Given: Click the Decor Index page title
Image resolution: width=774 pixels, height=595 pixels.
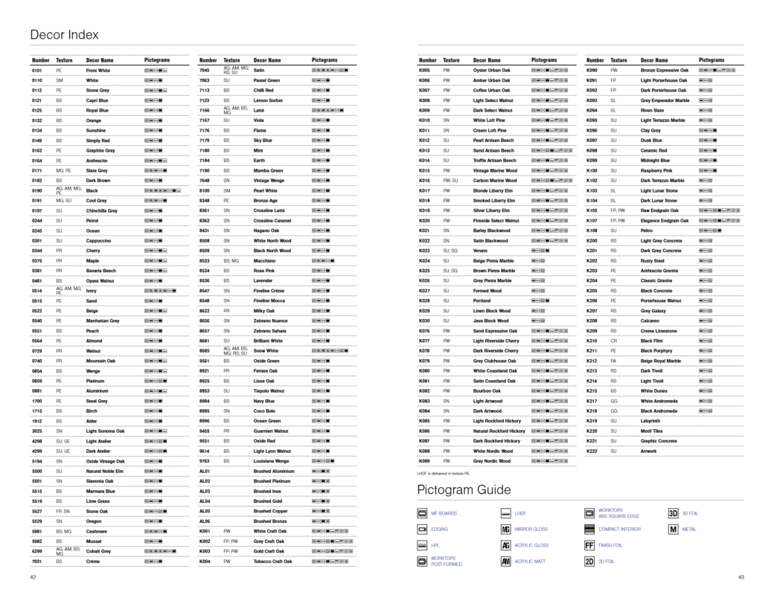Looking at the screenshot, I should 64,35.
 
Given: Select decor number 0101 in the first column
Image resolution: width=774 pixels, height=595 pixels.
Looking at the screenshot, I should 37,71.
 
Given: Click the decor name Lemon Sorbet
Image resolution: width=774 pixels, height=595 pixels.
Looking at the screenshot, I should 269,100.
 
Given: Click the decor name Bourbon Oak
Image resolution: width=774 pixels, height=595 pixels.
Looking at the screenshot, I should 487,391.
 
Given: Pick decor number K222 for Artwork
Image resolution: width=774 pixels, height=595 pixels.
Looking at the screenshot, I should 592,451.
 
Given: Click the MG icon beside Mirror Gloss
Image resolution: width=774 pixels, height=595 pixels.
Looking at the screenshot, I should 506,529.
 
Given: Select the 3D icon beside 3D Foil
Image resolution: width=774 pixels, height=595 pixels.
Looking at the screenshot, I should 673,513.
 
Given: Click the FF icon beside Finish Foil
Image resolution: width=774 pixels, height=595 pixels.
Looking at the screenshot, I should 589,545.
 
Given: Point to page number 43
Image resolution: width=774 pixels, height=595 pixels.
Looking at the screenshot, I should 741,577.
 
